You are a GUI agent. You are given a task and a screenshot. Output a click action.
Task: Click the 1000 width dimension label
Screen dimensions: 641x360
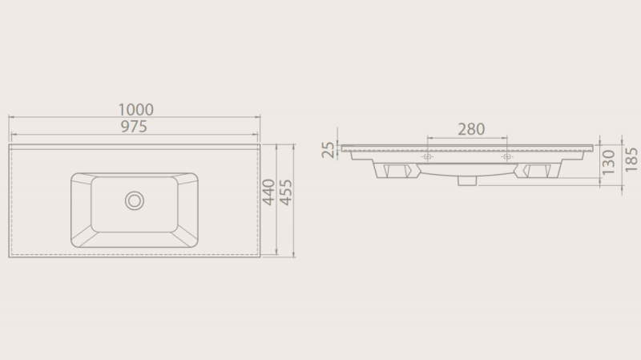pos(135,110)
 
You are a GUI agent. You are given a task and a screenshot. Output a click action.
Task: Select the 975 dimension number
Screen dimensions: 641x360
pos(134,127)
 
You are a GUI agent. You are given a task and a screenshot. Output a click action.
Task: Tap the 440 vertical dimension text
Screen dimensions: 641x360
pos(268,192)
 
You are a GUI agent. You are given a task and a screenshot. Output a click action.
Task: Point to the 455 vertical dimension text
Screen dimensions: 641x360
pos(286,192)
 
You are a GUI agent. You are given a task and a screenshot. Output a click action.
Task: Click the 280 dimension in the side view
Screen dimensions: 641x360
pos(471,129)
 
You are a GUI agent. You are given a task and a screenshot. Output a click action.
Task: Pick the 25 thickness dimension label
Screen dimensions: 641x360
pos(329,150)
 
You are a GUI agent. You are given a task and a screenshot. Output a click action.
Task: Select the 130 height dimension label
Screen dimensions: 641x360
pos(609,163)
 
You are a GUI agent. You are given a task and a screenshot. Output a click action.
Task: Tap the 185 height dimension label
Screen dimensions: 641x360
pos(631,160)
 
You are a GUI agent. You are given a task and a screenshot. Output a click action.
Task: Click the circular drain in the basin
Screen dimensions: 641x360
pos(135,201)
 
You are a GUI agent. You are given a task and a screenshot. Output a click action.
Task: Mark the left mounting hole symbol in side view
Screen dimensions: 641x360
pos(427,156)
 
